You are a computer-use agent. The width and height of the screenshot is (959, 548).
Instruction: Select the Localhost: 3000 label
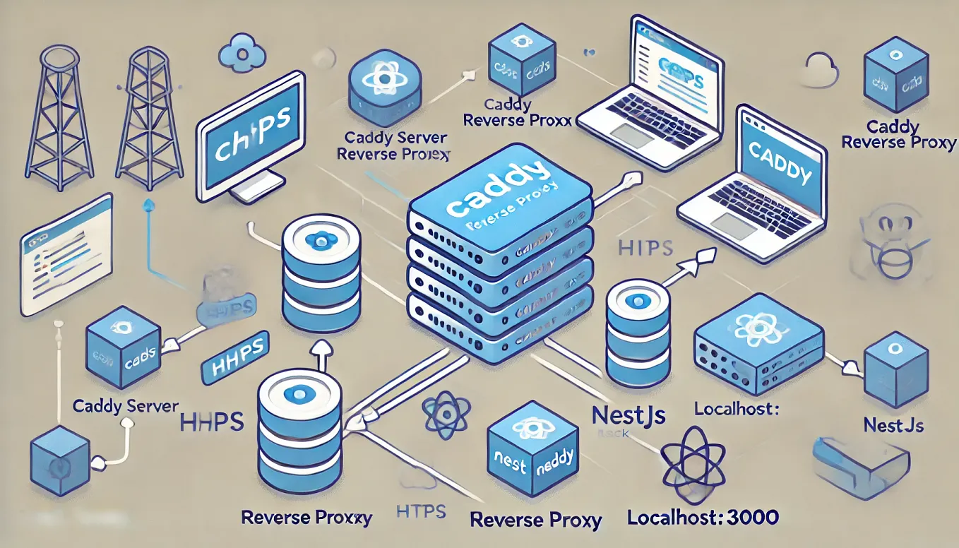click(703, 517)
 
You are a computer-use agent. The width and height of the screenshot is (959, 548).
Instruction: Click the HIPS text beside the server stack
click(645, 249)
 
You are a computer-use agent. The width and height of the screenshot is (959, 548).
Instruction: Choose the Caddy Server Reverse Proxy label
click(394, 145)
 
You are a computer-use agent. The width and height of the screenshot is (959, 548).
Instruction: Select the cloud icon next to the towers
click(242, 52)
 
